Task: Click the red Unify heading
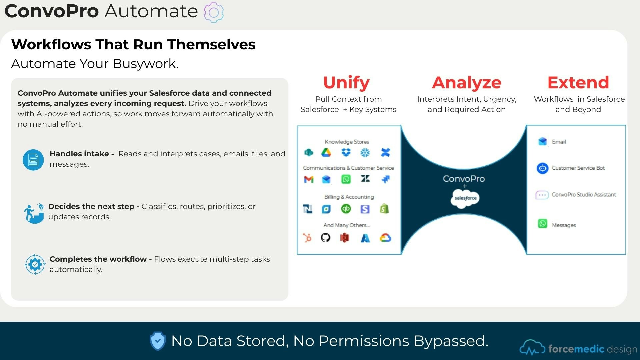pyautogui.click(x=346, y=83)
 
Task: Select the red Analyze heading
pyautogui.click(x=466, y=83)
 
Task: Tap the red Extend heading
pyautogui.click(x=578, y=83)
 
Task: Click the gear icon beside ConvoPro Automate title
pyautogui.click(x=214, y=13)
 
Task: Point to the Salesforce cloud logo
pyautogui.click(x=465, y=198)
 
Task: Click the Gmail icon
pyautogui.click(x=309, y=179)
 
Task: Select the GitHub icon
pyautogui.click(x=325, y=238)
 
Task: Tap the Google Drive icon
pyautogui.click(x=326, y=153)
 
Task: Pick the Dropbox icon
pyautogui.click(x=346, y=153)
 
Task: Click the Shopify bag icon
pyautogui.click(x=384, y=209)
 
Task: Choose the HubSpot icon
pyautogui.click(x=307, y=238)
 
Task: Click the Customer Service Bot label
pyautogui.click(x=578, y=168)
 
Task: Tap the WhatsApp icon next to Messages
pyautogui.click(x=542, y=223)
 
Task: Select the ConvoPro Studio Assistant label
pyautogui.click(x=584, y=195)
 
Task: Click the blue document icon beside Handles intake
pyautogui.click(x=33, y=160)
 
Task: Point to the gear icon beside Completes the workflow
pyautogui.click(x=35, y=264)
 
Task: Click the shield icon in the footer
pyautogui.click(x=158, y=341)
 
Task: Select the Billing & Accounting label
pyautogui.click(x=349, y=197)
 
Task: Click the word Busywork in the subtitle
pyautogui.click(x=145, y=64)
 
